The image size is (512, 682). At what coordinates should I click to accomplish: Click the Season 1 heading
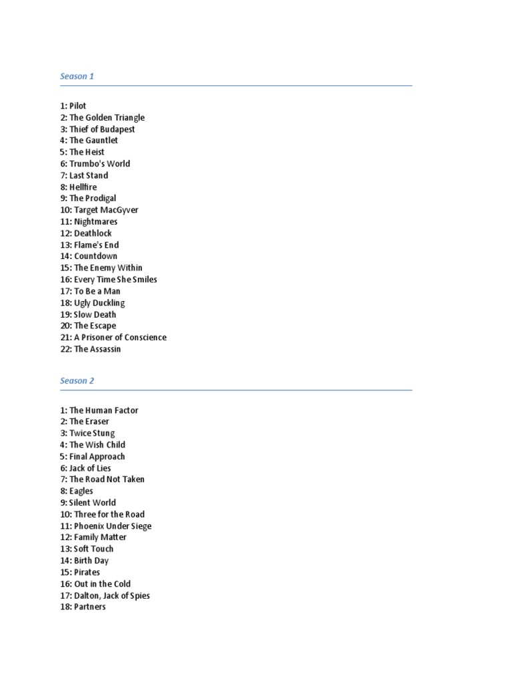coord(77,76)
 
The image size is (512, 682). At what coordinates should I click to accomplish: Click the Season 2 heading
coord(77,381)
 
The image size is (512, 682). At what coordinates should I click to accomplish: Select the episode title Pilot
coord(77,106)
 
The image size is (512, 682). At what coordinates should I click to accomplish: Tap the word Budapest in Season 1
coord(117,129)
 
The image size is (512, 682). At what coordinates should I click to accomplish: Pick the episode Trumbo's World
coord(99,164)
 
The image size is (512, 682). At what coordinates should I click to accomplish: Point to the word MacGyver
coord(120,210)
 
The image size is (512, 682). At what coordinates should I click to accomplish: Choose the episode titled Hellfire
coord(83,187)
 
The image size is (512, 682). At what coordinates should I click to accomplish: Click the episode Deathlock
coord(93,233)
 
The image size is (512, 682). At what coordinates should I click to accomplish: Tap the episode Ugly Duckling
coord(99,303)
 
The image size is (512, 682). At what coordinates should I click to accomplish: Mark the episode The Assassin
coord(97,349)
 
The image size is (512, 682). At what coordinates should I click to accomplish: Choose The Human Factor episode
coord(103,410)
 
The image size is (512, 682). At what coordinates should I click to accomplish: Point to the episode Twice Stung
coord(92,434)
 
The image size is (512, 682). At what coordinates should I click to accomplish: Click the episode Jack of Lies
coord(90,468)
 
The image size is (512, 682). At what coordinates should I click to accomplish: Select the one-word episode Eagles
coord(81,492)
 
